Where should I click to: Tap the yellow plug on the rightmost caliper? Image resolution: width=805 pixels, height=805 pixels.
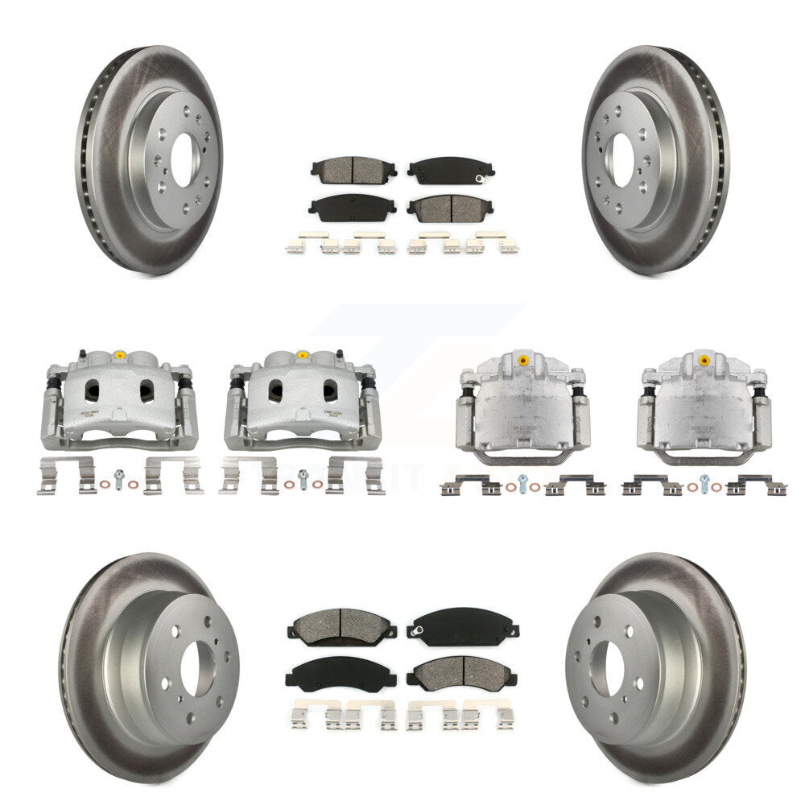coord(704,357)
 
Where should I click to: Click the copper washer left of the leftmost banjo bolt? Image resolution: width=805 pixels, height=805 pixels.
coord(106,485)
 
